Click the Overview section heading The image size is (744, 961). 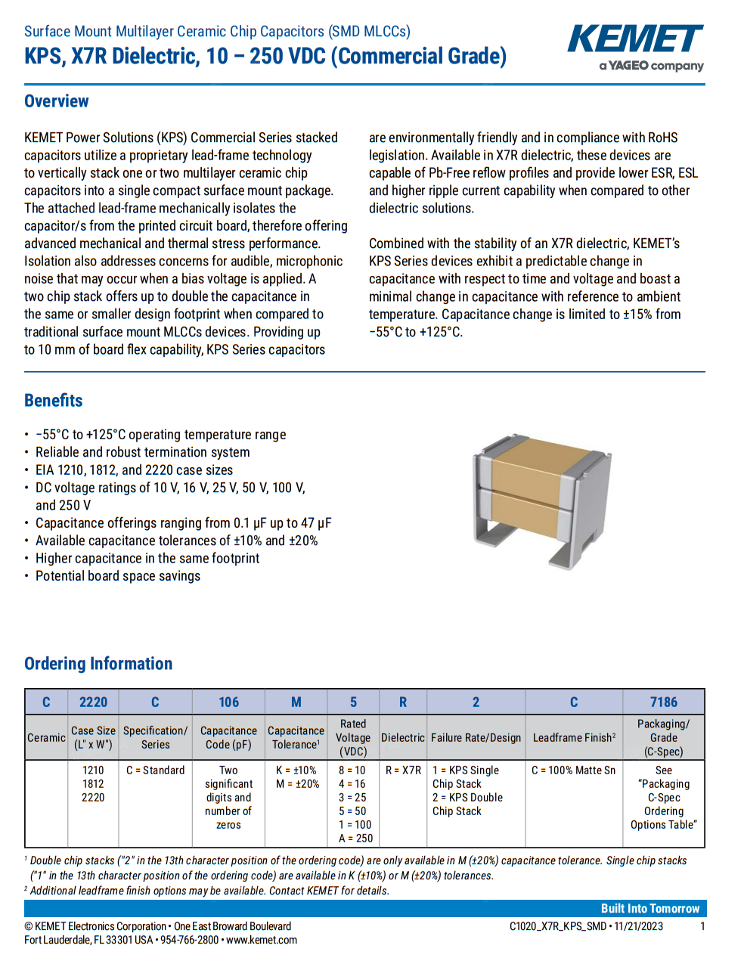57,101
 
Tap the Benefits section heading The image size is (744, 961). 54,401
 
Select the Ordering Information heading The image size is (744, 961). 98,664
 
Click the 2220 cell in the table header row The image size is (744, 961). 93,702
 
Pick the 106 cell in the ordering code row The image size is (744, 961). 228,702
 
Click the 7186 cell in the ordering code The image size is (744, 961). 663,702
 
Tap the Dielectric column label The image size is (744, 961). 402,738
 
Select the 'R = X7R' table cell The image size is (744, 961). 403,770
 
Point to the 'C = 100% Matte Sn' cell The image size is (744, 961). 573,770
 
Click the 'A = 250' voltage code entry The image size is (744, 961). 355,839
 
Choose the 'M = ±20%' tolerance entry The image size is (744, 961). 296,784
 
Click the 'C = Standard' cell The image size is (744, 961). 155,770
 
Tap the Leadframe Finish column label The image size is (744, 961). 574,738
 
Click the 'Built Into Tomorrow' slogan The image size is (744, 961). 649,909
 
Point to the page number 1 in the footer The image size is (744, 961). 702,926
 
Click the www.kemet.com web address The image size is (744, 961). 262,940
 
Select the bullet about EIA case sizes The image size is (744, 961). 135,470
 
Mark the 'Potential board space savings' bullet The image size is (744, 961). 118,576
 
